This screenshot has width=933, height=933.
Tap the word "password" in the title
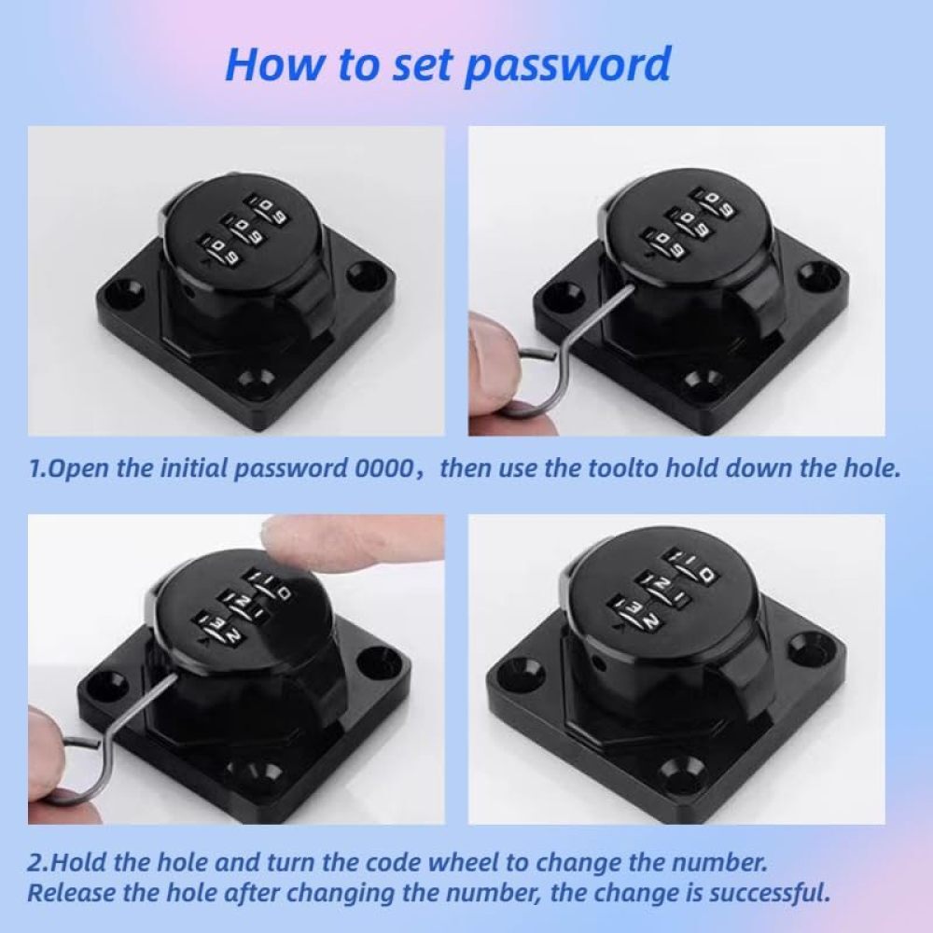click(x=567, y=65)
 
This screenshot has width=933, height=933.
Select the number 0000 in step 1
click(x=383, y=468)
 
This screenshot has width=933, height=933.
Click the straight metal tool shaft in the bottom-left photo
click(x=134, y=703)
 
